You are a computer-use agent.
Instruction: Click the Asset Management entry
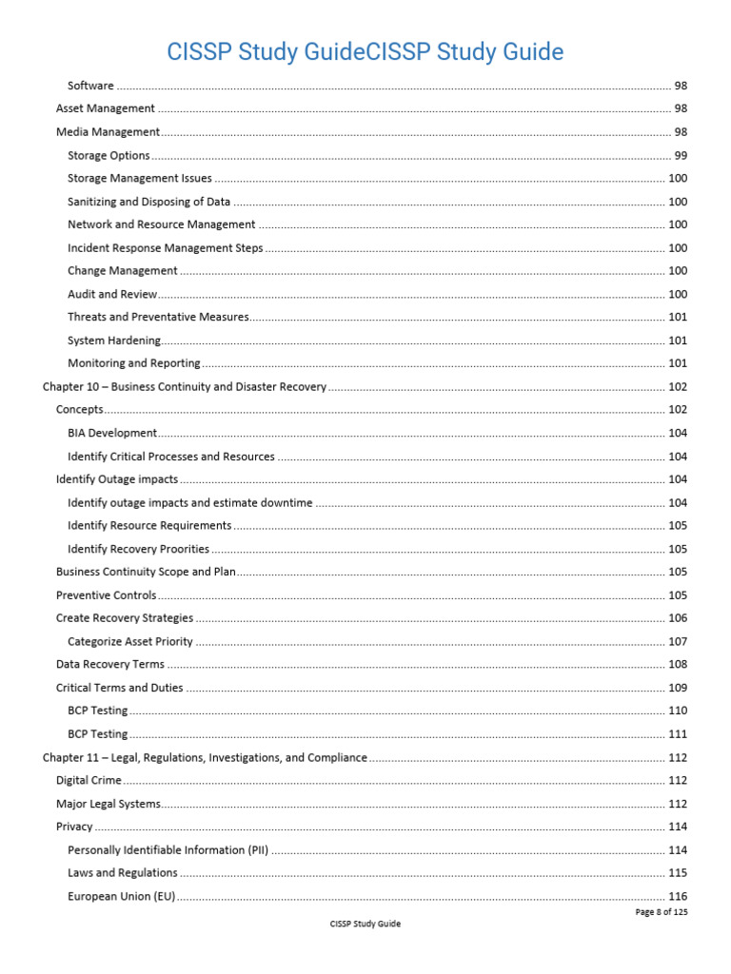click(106, 109)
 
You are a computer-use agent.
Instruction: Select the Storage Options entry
click(109, 156)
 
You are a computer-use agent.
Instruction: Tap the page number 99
click(681, 156)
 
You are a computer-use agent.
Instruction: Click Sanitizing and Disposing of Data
click(149, 202)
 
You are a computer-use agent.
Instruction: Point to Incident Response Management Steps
click(165, 248)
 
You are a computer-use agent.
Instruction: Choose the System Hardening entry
click(114, 341)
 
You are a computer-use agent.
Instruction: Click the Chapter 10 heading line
click(185, 387)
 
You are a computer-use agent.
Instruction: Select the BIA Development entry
click(112, 433)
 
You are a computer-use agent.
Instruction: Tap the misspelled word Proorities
click(184, 549)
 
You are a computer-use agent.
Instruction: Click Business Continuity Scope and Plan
click(146, 572)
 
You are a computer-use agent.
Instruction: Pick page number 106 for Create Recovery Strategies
click(678, 618)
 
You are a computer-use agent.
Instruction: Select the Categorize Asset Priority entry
click(130, 642)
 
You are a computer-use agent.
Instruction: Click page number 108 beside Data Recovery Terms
click(678, 665)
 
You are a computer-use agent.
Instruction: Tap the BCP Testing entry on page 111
click(97, 734)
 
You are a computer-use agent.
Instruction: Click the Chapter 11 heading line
click(205, 758)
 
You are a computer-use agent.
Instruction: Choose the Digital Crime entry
click(89, 781)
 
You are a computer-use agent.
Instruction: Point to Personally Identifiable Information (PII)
click(168, 850)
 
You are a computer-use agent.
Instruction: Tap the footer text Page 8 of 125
click(661, 912)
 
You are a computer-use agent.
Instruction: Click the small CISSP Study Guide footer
click(365, 925)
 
